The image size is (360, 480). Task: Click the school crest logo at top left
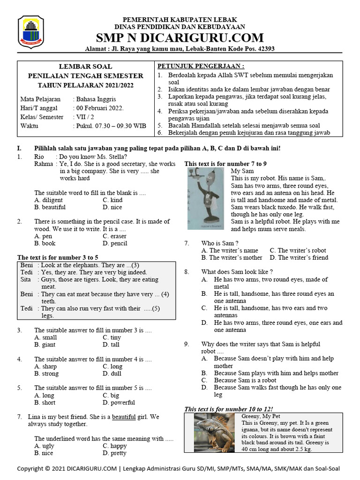[31, 31]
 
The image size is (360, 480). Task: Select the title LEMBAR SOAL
[85, 67]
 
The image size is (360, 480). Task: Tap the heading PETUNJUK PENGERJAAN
[201, 66]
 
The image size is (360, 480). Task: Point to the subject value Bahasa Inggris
[94, 99]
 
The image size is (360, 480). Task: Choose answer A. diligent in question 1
[49, 200]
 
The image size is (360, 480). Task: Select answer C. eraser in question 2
[115, 236]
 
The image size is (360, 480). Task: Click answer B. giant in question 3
[45, 345]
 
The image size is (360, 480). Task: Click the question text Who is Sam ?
[220, 243]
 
